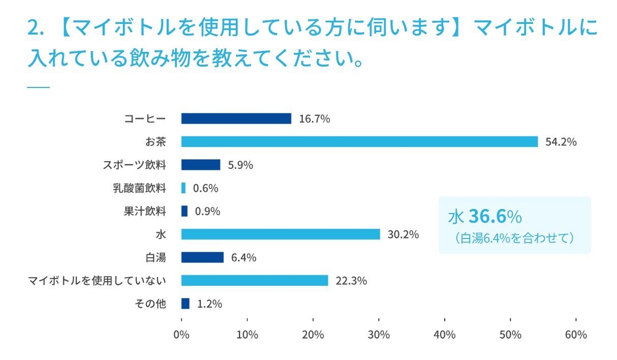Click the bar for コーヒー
236,118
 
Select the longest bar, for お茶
359,142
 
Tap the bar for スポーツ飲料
201,165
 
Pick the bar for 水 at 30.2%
281,234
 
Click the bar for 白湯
202,257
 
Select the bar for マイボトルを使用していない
255,280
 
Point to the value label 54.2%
561,142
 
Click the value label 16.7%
315,119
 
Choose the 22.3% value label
351,281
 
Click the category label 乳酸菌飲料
139,188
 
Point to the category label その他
150,304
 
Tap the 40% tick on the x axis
445,335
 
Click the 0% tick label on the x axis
181,335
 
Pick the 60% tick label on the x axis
576,335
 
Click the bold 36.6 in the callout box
487,217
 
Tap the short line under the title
38,87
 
